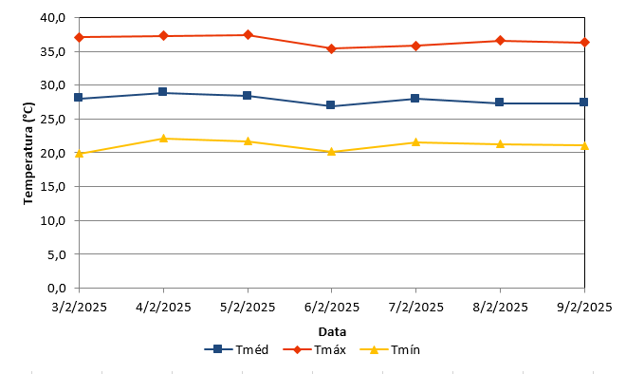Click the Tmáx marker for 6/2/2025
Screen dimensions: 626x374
click(x=331, y=49)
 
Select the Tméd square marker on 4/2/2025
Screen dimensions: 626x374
click(x=162, y=92)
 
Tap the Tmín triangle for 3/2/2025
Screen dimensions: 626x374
click(x=79, y=154)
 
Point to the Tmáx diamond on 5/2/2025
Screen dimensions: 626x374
click(x=248, y=35)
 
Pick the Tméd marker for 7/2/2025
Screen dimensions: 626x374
click(x=415, y=99)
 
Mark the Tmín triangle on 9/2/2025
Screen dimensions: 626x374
click(x=584, y=146)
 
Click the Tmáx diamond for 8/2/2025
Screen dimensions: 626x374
click(x=500, y=41)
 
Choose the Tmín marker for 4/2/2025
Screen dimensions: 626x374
click(x=163, y=139)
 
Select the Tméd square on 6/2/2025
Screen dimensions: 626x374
click(x=331, y=105)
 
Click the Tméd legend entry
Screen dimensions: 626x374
click(x=236, y=349)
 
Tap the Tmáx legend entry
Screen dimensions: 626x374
click(x=314, y=349)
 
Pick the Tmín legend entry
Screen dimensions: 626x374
click(x=390, y=349)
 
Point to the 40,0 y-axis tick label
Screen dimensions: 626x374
click(x=53, y=18)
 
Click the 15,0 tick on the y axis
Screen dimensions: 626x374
click(x=53, y=187)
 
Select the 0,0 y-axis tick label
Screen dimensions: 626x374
click(x=57, y=288)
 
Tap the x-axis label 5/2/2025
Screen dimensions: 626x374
click(x=248, y=307)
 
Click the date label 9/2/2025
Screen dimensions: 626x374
click(x=584, y=307)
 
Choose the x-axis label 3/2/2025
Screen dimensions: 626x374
click(x=80, y=307)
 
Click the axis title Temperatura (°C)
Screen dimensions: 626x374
click(x=28, y=154)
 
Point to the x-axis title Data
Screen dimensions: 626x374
click(x=332, y=331)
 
